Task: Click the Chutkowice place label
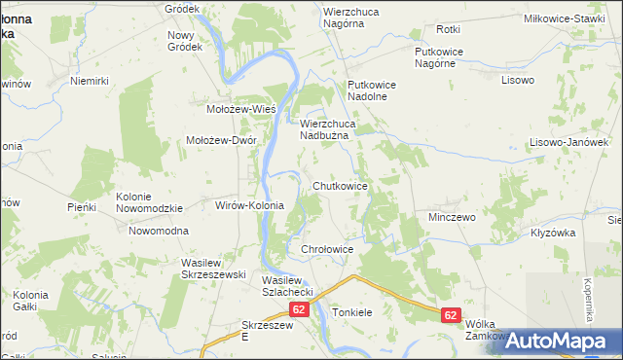coord(340,186)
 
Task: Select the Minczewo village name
coord(452,217)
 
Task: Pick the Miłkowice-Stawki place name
coord(577,18)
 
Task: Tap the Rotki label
coord(449,30)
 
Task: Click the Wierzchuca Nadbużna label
coord(331,130)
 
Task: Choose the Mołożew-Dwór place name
coord(221,140)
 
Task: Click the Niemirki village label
coord(88,82)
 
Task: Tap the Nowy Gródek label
coord(184,41)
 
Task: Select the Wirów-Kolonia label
coord(249,206)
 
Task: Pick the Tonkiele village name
coord(352,313)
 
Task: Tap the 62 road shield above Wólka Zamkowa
coord(450,315)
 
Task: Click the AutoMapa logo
coord(550,341)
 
